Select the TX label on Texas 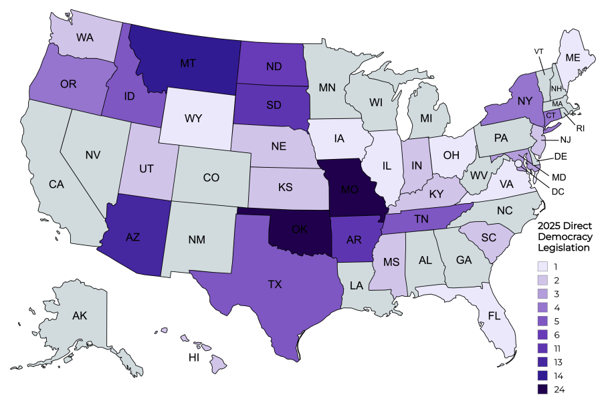pos(275,285)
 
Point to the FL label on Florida pos(494,315)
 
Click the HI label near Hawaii pos(193,358)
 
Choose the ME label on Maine pos(573,57)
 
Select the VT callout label pos(539,51)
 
